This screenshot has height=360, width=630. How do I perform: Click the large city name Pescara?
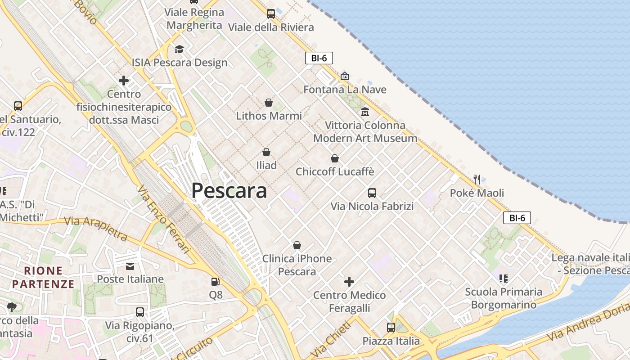click(229, 191)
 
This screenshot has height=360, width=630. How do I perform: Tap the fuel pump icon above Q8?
click(216, 282)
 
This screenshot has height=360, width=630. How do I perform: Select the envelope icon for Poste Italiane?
click(130, 266)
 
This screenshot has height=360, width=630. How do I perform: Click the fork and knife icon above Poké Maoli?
click(477, 180)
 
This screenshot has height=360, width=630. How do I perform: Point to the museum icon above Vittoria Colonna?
click(365, 112)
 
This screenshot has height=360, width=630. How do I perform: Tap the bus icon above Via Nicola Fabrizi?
click(372, 193)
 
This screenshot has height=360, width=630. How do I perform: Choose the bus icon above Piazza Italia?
click(391, 328)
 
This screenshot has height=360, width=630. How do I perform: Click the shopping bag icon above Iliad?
click(266, 152)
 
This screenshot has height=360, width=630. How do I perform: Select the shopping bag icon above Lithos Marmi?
click(269, 103)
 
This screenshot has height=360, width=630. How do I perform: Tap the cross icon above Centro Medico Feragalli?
click(349, 282)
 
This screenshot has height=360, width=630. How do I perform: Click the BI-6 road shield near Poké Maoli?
click(517, 218)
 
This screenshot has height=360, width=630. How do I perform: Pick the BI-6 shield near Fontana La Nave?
click(319, 58)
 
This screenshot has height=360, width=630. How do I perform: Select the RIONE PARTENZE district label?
click(43, 277)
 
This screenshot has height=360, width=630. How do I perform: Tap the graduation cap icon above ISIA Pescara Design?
click(180, 49)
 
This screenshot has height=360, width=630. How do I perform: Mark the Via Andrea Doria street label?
click(588, 321)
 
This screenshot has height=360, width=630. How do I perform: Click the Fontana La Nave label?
click(345, 90)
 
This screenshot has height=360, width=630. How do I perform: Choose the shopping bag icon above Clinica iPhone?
click(297, 245)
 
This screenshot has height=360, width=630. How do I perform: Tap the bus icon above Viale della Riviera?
click(271, 14)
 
